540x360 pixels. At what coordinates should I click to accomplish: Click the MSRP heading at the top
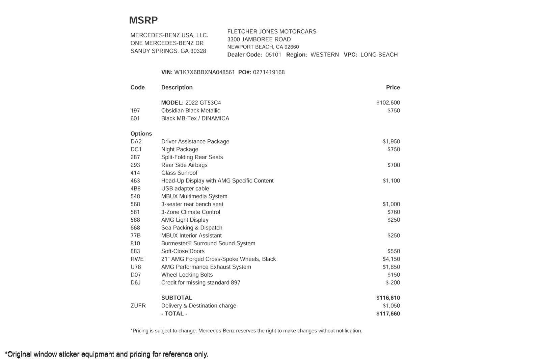point(143,20)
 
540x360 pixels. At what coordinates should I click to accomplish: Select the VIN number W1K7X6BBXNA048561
point(204,72)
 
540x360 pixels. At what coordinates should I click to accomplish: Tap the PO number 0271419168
point(269,72)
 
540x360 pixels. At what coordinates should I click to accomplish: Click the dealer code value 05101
point(273,55)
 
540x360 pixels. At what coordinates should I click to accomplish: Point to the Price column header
point(393,87)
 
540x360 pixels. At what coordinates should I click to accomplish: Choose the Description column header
point(177,87)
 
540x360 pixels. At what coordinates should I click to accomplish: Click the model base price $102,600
point(388,103)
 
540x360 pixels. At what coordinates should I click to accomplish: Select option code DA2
point(136,141)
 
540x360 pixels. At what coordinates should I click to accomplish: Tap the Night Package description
point(180,149)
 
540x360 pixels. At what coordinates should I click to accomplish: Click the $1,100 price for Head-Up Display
point(391,181)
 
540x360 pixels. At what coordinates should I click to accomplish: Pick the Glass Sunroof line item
point(179,173)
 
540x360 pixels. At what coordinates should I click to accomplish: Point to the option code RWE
point(137,259)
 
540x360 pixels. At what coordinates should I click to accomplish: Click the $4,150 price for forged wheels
point(391,259)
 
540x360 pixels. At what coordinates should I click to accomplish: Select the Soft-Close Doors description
point(183,251)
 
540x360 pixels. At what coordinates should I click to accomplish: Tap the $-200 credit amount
point(393,282)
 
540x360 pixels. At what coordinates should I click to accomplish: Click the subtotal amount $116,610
point(388,298)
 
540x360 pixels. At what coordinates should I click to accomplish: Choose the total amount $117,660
point(388,313)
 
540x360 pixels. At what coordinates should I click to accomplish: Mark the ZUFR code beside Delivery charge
point(138,306)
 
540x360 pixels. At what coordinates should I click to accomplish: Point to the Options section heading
point(141,134)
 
